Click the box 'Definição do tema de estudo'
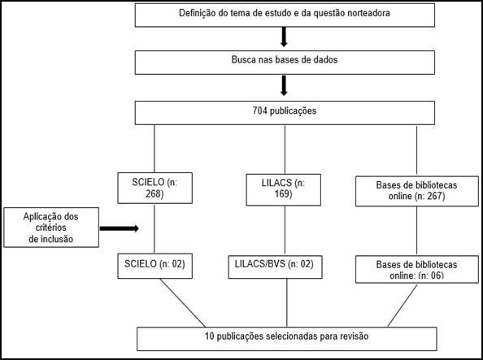tap(285, 15)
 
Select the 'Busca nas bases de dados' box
tap(285, 63)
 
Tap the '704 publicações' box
tap(285, 113)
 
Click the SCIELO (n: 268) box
tap(155, 188)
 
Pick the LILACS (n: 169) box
tap(284, 189)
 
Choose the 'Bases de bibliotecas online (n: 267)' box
tap(417, 191)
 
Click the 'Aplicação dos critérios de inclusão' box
tap(51, 228)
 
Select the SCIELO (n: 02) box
tap(155, 266)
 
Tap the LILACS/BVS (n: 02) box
tap(275, 267)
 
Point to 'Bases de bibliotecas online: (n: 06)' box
tap(417, 269)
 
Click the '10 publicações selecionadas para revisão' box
tap(287, 339)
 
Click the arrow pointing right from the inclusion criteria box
tap(120, 228)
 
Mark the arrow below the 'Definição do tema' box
tap(284, 37)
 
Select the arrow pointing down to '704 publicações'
tap(284, 85)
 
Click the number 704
tap(259, 111)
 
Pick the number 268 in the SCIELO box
tap(154, 193)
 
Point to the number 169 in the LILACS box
tap(284, 193)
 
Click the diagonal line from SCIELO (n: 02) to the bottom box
tap(182, 303)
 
